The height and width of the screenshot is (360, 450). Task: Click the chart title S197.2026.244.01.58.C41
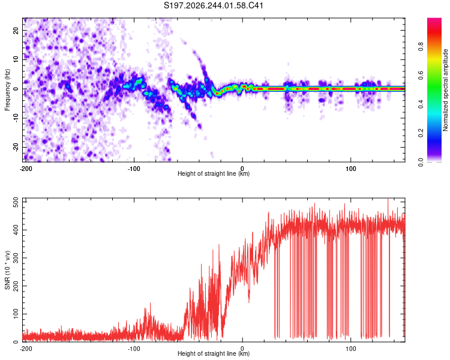point(213,5)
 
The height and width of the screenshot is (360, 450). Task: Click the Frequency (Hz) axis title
point(7,89)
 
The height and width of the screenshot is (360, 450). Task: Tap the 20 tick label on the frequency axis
point(16,31)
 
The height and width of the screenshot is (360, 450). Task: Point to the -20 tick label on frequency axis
point(16,148)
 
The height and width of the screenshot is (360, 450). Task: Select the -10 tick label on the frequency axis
point(16,118)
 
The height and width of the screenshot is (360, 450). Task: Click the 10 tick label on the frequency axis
point(16,60)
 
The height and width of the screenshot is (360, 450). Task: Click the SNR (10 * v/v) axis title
point(7,270)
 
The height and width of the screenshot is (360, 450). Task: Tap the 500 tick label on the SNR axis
point(16,202)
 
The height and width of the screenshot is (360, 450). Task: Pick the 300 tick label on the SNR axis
point(16,258)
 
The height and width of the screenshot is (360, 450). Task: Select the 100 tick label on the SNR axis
point(16,314)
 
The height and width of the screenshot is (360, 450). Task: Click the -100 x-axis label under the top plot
point(134,169)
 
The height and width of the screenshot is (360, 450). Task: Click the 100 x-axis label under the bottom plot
point(351,349)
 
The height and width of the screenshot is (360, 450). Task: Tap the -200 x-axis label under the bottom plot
point(26,349)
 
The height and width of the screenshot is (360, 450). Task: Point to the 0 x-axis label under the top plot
point(242,169)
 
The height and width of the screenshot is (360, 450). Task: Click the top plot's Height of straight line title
point(214,173)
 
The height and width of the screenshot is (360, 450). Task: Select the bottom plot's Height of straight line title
point(214,353)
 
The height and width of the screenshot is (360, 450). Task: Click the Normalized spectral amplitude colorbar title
point(445,89)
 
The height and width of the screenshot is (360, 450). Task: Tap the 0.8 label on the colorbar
point(421,47)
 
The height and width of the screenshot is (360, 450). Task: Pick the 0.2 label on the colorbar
point(421,133)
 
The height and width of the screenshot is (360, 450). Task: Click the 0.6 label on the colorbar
point(421,76)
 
